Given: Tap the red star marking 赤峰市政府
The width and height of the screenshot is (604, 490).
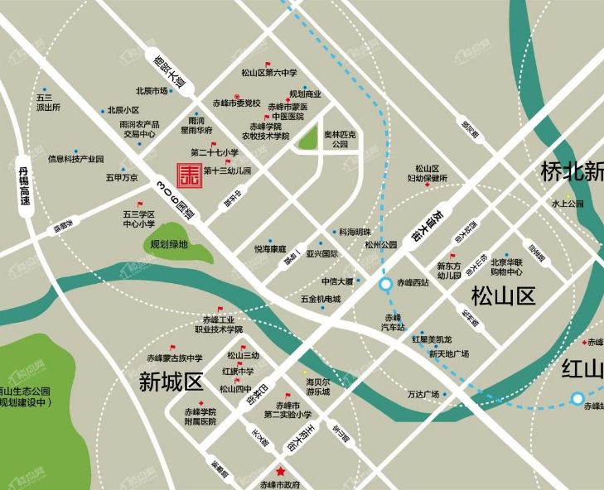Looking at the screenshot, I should point(281,472).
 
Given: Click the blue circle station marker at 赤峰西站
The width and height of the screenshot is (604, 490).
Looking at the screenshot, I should point(386,285).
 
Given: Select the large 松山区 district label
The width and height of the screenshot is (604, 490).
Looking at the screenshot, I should point(505,295).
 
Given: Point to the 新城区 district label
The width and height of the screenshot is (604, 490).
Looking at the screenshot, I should point(171,382).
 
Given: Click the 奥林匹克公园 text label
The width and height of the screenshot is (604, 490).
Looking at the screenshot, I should point(340,138).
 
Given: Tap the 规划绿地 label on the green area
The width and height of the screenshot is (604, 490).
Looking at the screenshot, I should point(169,244).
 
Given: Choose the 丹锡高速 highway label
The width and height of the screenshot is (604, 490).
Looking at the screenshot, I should point(24,187).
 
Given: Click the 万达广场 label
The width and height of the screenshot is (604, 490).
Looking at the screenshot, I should point(423,394).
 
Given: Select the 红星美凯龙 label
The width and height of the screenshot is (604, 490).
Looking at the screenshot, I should point(432,339).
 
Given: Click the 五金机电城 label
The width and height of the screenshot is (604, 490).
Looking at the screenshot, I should point(321,298).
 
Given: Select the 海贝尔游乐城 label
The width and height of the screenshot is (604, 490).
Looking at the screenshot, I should point(318,387).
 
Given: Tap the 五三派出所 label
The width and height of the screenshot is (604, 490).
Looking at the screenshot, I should point(47,103).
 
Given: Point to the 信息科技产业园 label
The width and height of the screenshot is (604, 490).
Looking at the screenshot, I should point(76,158).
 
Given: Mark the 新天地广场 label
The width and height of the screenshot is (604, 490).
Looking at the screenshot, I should point(449,353).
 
